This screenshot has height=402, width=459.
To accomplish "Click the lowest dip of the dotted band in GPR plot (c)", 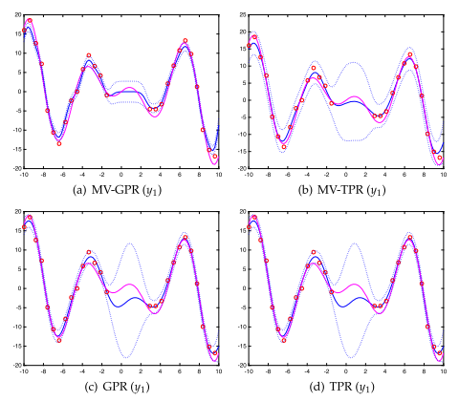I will (123, 357).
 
